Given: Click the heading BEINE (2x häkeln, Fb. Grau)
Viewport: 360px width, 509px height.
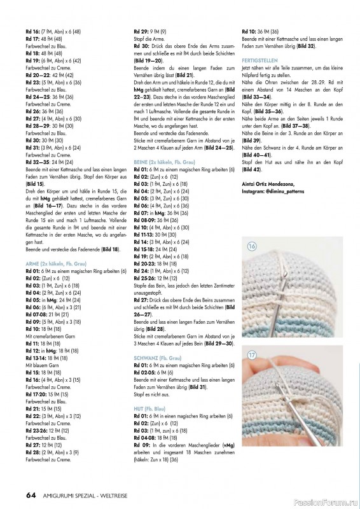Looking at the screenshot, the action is click(161, 162).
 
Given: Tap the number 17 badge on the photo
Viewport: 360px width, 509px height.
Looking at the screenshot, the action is click(251, 352).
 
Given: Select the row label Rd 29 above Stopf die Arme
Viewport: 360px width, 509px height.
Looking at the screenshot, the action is click(141, 31).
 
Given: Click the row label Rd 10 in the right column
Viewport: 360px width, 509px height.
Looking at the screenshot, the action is click(249, 31).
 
